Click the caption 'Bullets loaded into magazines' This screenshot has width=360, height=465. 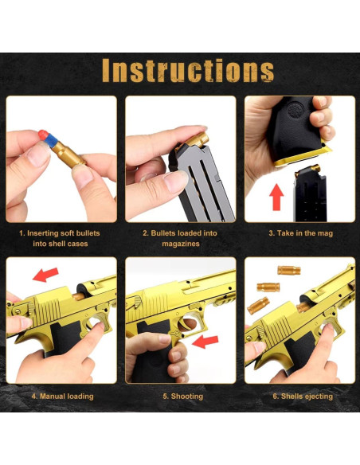point(180,238)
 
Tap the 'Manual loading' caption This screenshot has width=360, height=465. point(62,396)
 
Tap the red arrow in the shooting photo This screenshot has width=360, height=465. point(206,342)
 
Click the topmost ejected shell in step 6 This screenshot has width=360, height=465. point(288,271)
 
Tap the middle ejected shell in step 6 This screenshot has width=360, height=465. point(268,287)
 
